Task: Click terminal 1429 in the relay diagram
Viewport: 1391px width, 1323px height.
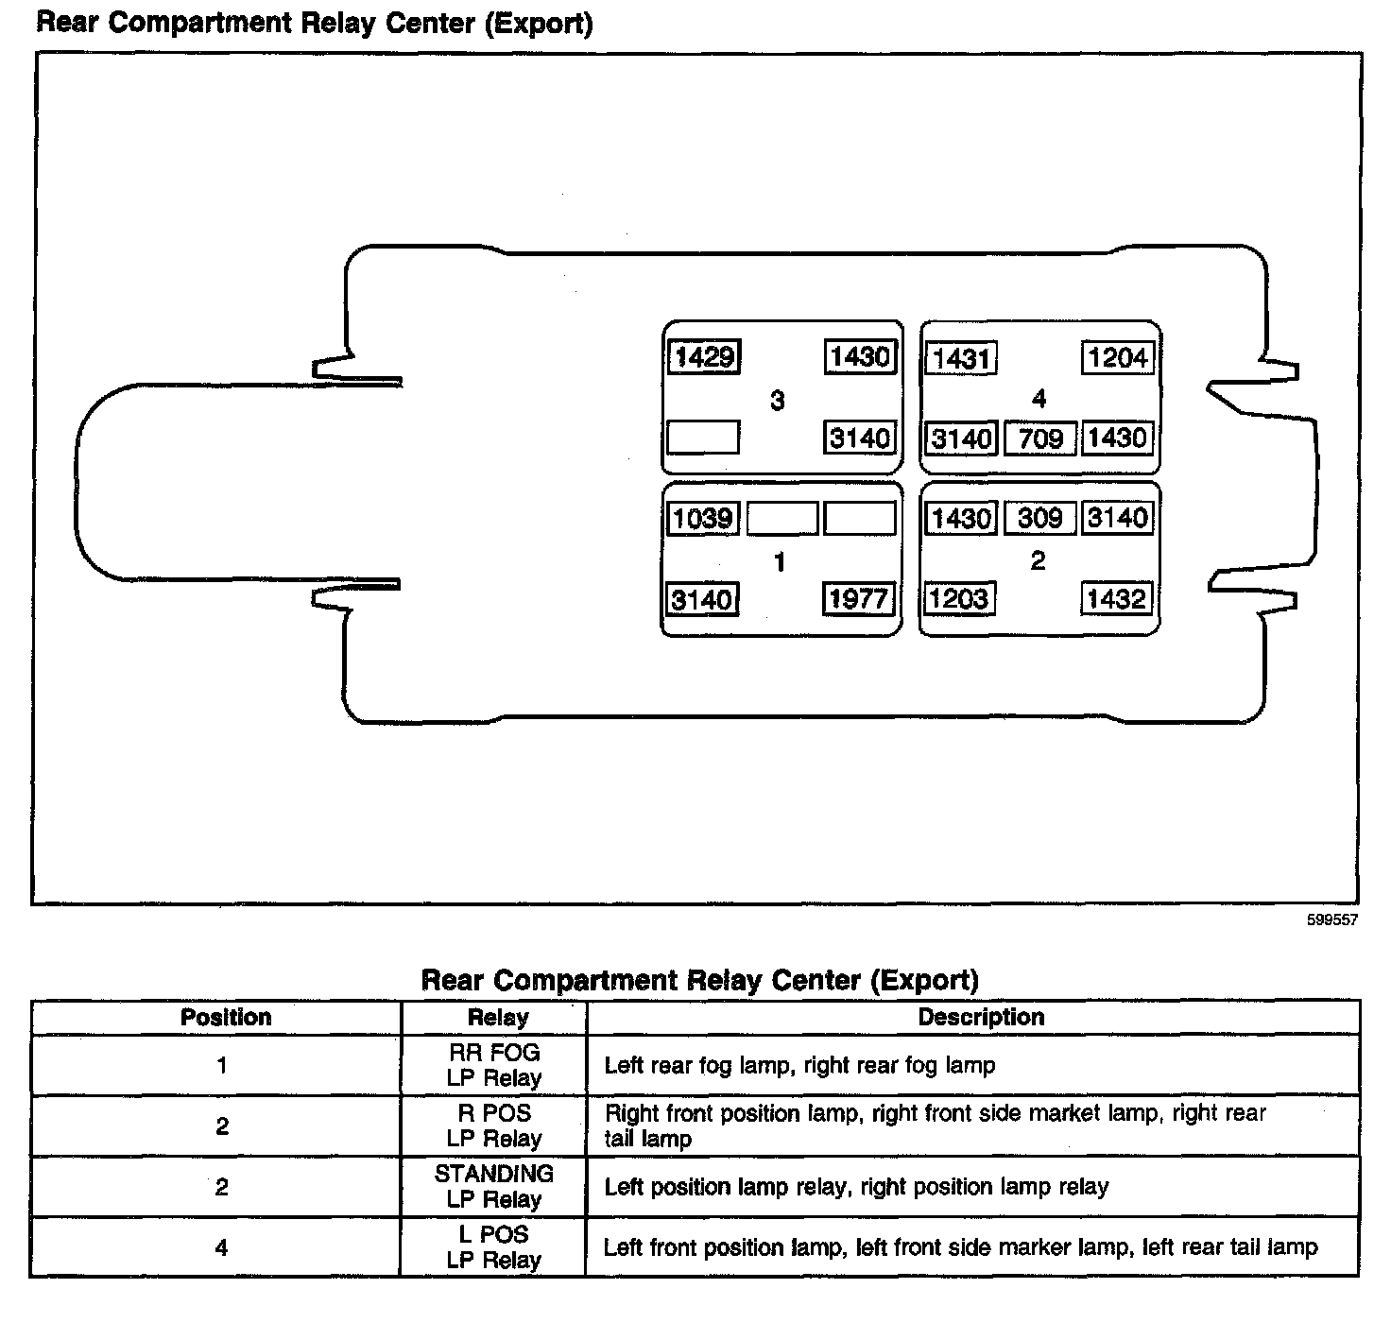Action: click(x=704, y=357)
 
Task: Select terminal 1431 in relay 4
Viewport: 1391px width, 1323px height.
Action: click(x=960, y=358)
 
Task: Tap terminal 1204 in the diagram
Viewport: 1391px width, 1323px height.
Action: click(x=1117, y=357)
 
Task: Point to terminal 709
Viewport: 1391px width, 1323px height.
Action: click(x=1039, y=438)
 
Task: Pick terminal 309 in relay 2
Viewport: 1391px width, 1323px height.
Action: click(x=1039, y=518)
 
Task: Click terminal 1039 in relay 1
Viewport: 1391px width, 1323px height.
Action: click(x=703, y=518)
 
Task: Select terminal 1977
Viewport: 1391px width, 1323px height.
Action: click(x=858, y=599)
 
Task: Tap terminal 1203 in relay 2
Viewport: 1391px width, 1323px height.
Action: click(x=958, y=599)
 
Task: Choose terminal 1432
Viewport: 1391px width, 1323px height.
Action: click(x=1116, y=599)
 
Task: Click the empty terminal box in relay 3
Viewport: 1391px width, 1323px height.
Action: click(x=703, y=438)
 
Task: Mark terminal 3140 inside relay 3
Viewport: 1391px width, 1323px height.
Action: click(x=859, y=438)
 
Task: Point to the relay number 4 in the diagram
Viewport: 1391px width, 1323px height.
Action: click(x=1039, y=399)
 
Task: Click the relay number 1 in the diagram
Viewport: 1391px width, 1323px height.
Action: click(x=779, y=563)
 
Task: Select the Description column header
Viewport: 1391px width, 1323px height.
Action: click(x=981, y=1018)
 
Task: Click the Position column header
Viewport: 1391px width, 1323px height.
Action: click(x=226, y=1018)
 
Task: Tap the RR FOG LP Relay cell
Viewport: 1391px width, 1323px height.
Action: click(x=494, y=1065)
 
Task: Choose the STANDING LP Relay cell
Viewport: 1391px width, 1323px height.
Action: click(x=494, y=1186)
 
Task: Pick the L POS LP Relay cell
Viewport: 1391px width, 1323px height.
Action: click(x=494, y=1247)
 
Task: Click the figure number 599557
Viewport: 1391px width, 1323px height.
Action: click(x=1331, y=919)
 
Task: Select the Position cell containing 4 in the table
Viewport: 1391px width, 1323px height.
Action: click(x=221, y=1247)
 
